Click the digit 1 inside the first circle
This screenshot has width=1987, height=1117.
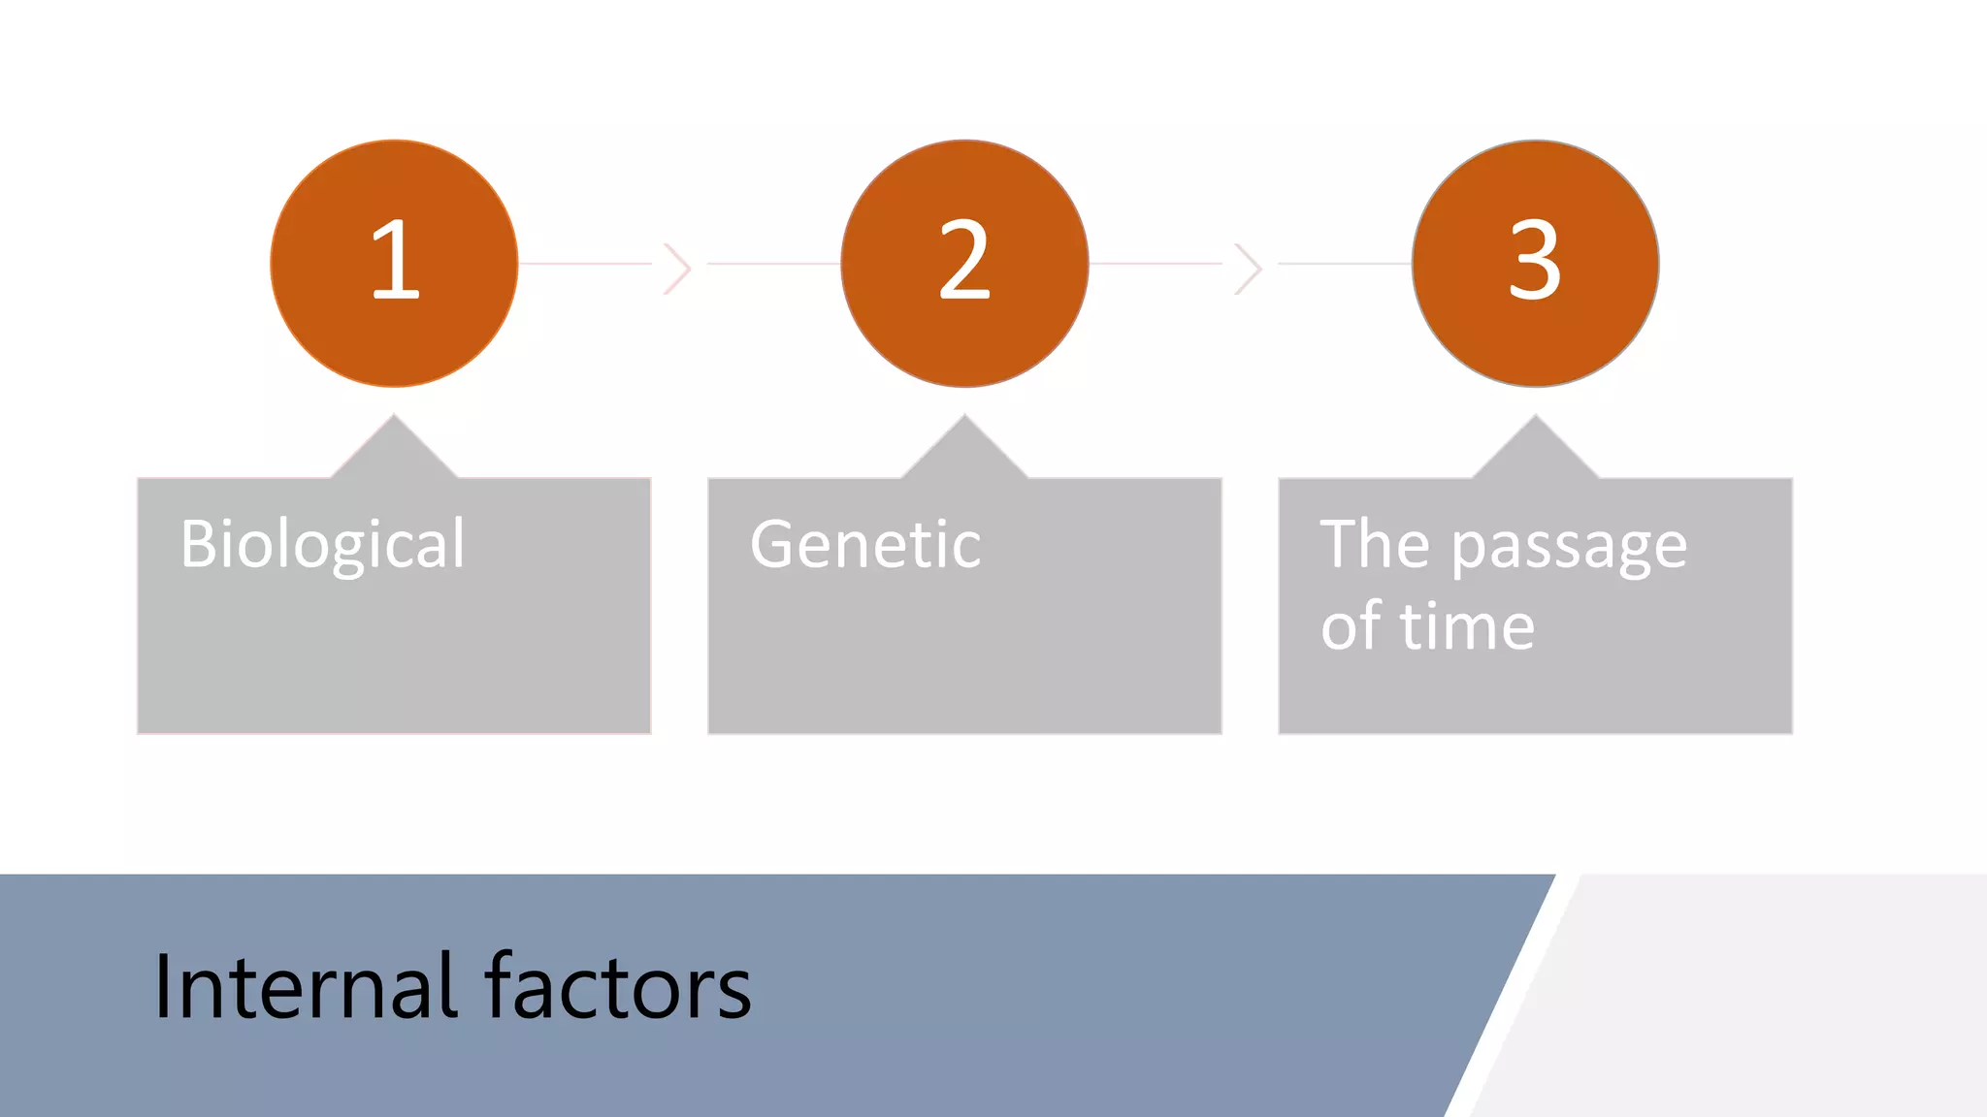396,260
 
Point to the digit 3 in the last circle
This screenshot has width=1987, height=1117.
1535,260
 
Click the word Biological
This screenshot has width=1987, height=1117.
322,545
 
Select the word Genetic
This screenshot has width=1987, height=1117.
865,545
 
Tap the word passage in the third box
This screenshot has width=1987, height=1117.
1569,548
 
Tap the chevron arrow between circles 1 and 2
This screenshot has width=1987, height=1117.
677,269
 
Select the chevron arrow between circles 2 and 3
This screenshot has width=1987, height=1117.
1248,269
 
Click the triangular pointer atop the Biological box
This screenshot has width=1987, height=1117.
394,452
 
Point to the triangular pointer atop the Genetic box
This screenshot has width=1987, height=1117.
964,452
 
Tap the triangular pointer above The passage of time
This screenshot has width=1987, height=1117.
1535,452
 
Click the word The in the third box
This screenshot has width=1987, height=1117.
1375,545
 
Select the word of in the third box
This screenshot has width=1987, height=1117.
1351,626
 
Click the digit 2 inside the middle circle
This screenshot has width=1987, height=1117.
964,260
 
